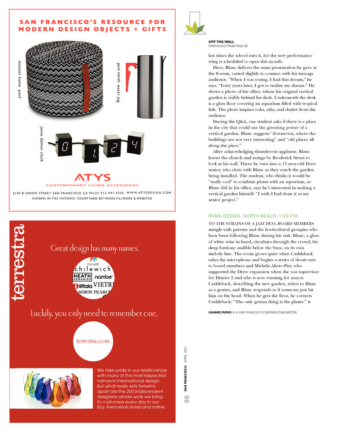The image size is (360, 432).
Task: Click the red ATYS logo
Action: [x=92, y=177]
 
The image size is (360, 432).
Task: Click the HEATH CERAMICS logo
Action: [x=82, y=277]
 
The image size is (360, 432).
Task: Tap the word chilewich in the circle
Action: [x=92, y=269]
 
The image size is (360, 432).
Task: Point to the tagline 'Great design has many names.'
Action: [x=95, y=248]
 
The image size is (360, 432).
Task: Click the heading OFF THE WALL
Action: [x=221, y=42]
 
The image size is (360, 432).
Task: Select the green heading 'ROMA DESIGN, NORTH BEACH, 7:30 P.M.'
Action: [x=253, y=216]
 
